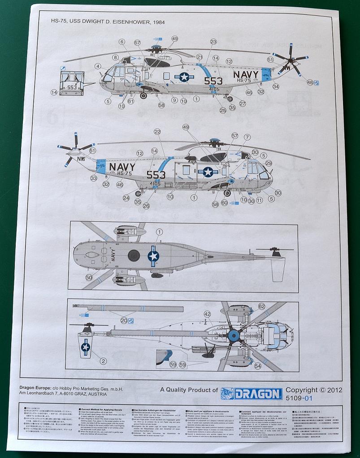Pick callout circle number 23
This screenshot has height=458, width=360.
coord(213,42)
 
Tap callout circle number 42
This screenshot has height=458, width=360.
coord(207,314)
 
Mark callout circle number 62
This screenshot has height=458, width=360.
coord(262,307)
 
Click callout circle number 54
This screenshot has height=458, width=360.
coord(257,366)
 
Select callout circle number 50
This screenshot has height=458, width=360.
coord(89,278)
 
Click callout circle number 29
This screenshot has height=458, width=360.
coord(269,163)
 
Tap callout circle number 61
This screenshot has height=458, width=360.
coord(130,101)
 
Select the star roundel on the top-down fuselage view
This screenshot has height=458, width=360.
coord(153,256)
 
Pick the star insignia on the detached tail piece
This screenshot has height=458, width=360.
coord(85,346)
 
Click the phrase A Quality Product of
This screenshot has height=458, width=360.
coord(189,390)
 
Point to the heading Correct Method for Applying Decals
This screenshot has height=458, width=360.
coord(100,410)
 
